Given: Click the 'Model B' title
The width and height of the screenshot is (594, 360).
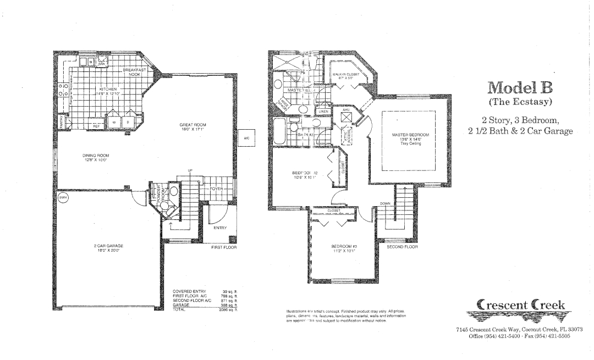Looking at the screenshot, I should point(519,88).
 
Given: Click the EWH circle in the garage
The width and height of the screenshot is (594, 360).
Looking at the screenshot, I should point(62,199).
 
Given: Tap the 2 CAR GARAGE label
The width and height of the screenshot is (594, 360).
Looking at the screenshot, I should point(108,247).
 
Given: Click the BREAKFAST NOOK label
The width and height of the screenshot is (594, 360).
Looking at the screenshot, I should point(133,73).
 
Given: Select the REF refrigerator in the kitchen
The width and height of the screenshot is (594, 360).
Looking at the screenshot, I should point(96,126).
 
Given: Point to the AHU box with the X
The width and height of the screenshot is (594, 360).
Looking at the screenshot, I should point(346,118).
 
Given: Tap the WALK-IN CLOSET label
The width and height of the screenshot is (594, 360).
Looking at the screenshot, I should point(346,76).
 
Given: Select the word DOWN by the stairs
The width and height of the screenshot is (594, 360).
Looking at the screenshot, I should point(386,203).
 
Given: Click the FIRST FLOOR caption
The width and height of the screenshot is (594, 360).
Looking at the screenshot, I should point(224,248).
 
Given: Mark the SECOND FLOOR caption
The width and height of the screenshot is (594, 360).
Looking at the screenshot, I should point(402,247).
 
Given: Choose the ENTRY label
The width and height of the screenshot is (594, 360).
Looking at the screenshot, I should point(220,228).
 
